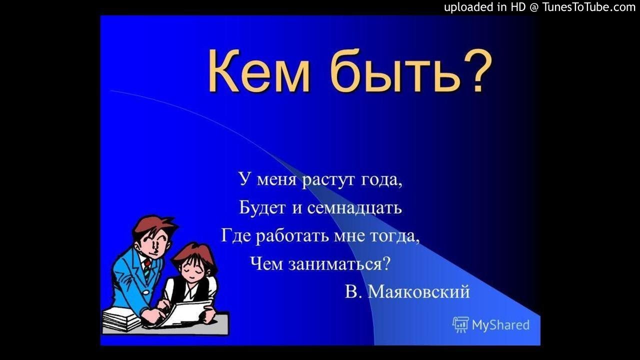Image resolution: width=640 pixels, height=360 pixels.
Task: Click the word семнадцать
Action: (x=354, y=208)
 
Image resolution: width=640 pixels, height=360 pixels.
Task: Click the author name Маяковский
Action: (x=418, y=292)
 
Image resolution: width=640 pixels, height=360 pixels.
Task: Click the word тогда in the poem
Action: (x=392, y=236)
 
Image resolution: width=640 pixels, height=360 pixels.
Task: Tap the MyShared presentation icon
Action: (x=460, y=324)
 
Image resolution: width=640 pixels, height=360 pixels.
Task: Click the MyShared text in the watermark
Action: (x=500, y=325)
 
